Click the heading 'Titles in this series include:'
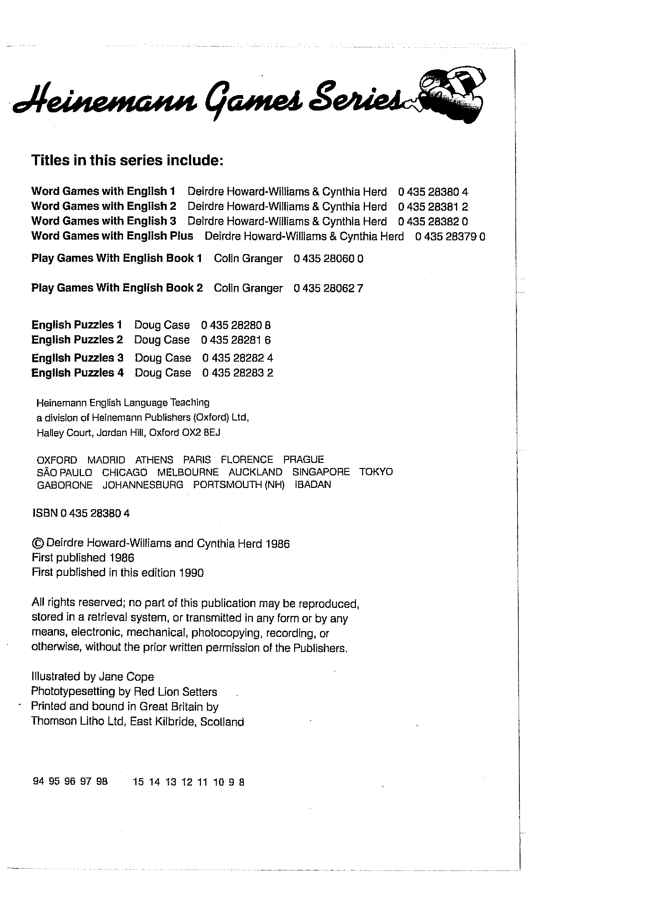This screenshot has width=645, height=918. tap(127, 160)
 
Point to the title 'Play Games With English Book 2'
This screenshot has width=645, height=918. tap(117, 288)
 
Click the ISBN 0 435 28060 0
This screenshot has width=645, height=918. tap(328, 259)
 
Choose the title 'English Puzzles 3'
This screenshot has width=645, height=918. tap(78, 357)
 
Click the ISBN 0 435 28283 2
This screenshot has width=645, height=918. tap(238, 373)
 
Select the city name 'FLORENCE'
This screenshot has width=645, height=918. tap(247, 459)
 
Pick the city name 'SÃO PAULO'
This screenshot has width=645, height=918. tap(64, 472)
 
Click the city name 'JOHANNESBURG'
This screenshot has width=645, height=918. tap(143, 485)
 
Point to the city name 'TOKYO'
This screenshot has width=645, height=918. tap(376, 472)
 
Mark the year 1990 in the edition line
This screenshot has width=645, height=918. tap(191, 573)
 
